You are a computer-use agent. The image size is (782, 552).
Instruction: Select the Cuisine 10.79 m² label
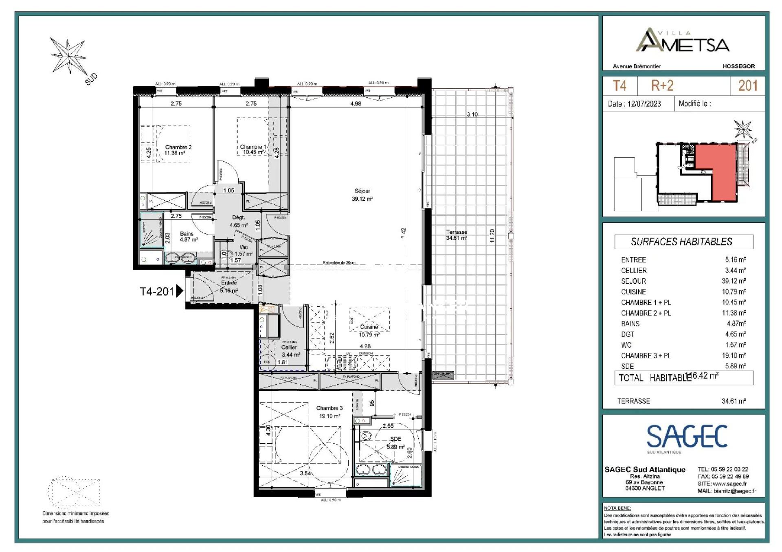coord(369,331)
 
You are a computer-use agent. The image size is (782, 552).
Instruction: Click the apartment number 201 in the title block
coord(748,85)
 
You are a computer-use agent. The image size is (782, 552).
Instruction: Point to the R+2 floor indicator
coord(662,85)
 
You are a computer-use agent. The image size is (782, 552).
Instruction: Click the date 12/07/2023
coord(644,104)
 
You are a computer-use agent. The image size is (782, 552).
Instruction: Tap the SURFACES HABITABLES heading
coord(681,242)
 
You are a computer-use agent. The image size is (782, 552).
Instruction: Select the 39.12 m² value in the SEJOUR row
coord(734,281)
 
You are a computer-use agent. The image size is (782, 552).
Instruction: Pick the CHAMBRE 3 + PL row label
coord(646,355)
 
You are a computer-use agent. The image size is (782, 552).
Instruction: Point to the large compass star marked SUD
coord(68,56)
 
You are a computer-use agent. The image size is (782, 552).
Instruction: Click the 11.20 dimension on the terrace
coord(492,236)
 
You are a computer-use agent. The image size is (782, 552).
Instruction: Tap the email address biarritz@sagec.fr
coord(735,491)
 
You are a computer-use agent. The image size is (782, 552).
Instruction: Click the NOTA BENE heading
coord(617,508)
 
